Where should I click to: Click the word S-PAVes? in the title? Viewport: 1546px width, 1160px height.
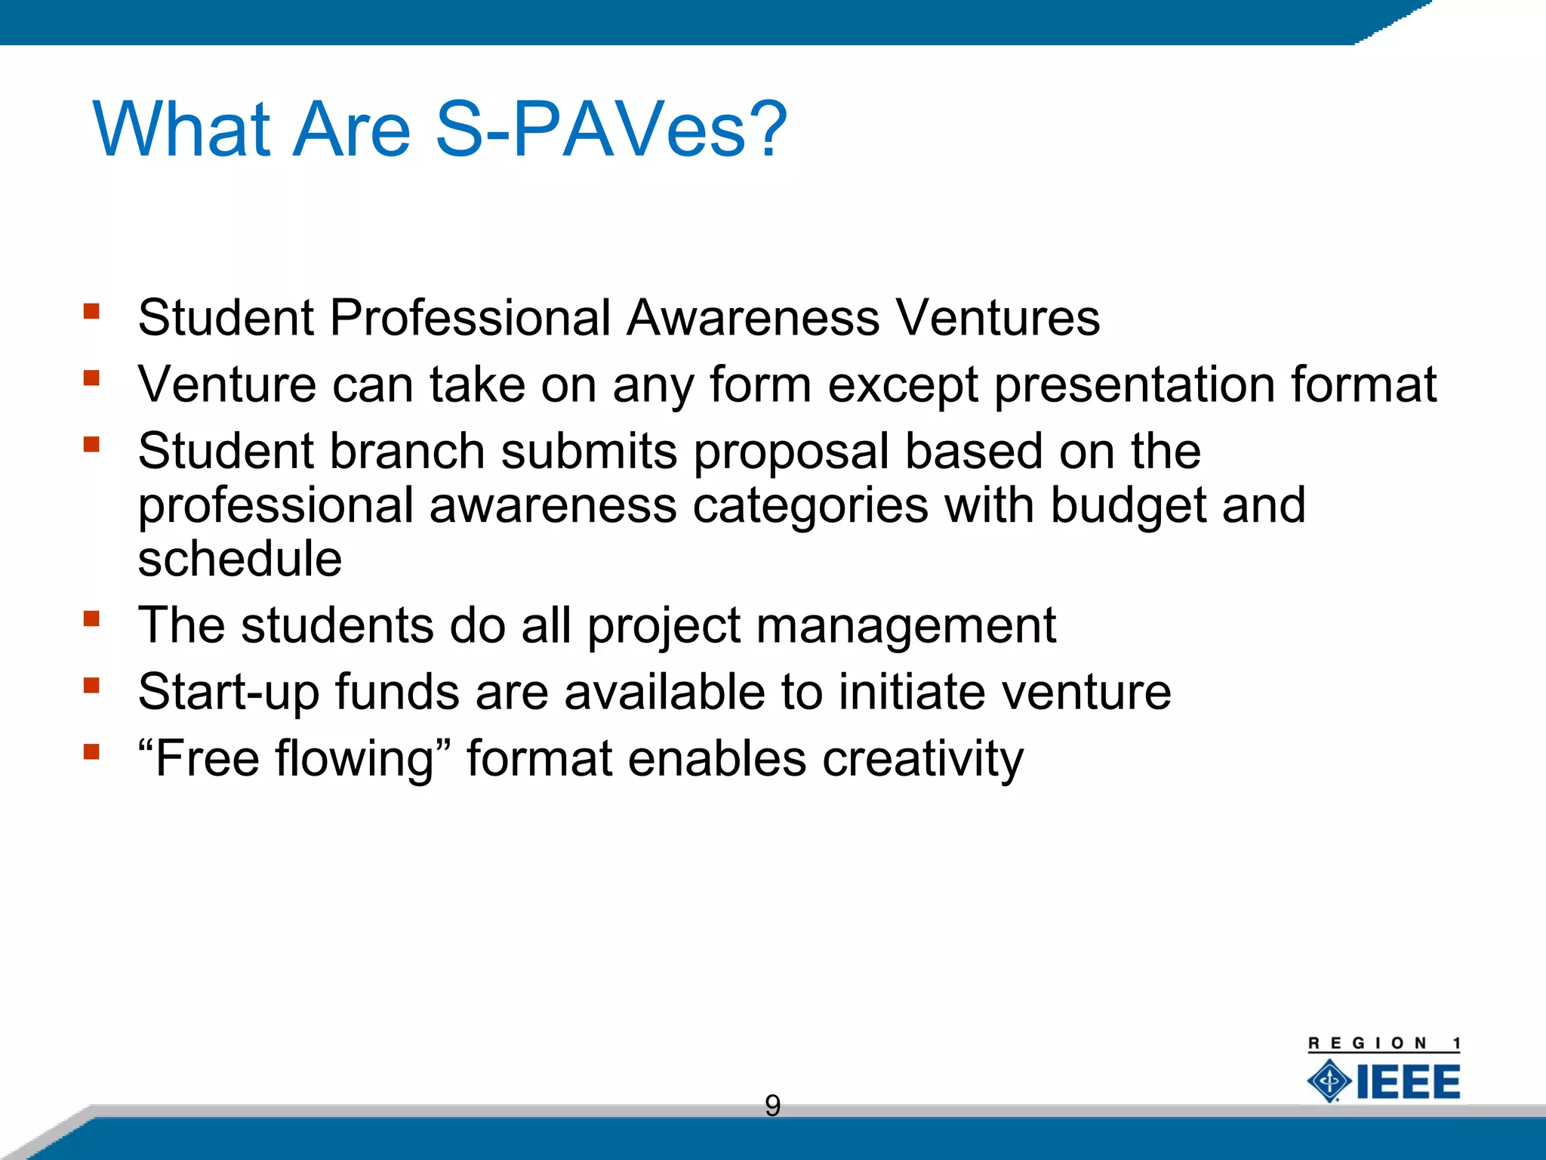point(611,130)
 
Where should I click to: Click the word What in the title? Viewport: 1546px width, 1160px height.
point(181,130)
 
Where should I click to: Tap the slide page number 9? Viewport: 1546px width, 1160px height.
point(772,1106)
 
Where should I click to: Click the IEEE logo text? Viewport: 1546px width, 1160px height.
point(1408,1081)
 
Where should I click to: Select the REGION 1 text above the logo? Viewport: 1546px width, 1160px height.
point(1384,1043)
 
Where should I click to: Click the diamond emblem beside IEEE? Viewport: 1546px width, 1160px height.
point(1329,1081)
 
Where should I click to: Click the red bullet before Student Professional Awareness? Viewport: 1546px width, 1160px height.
point(92,311)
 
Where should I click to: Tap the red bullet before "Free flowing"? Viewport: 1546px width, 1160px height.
point(92,751)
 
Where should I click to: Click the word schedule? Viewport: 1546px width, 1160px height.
point(240,559)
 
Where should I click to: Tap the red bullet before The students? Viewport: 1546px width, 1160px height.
point(92,619)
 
